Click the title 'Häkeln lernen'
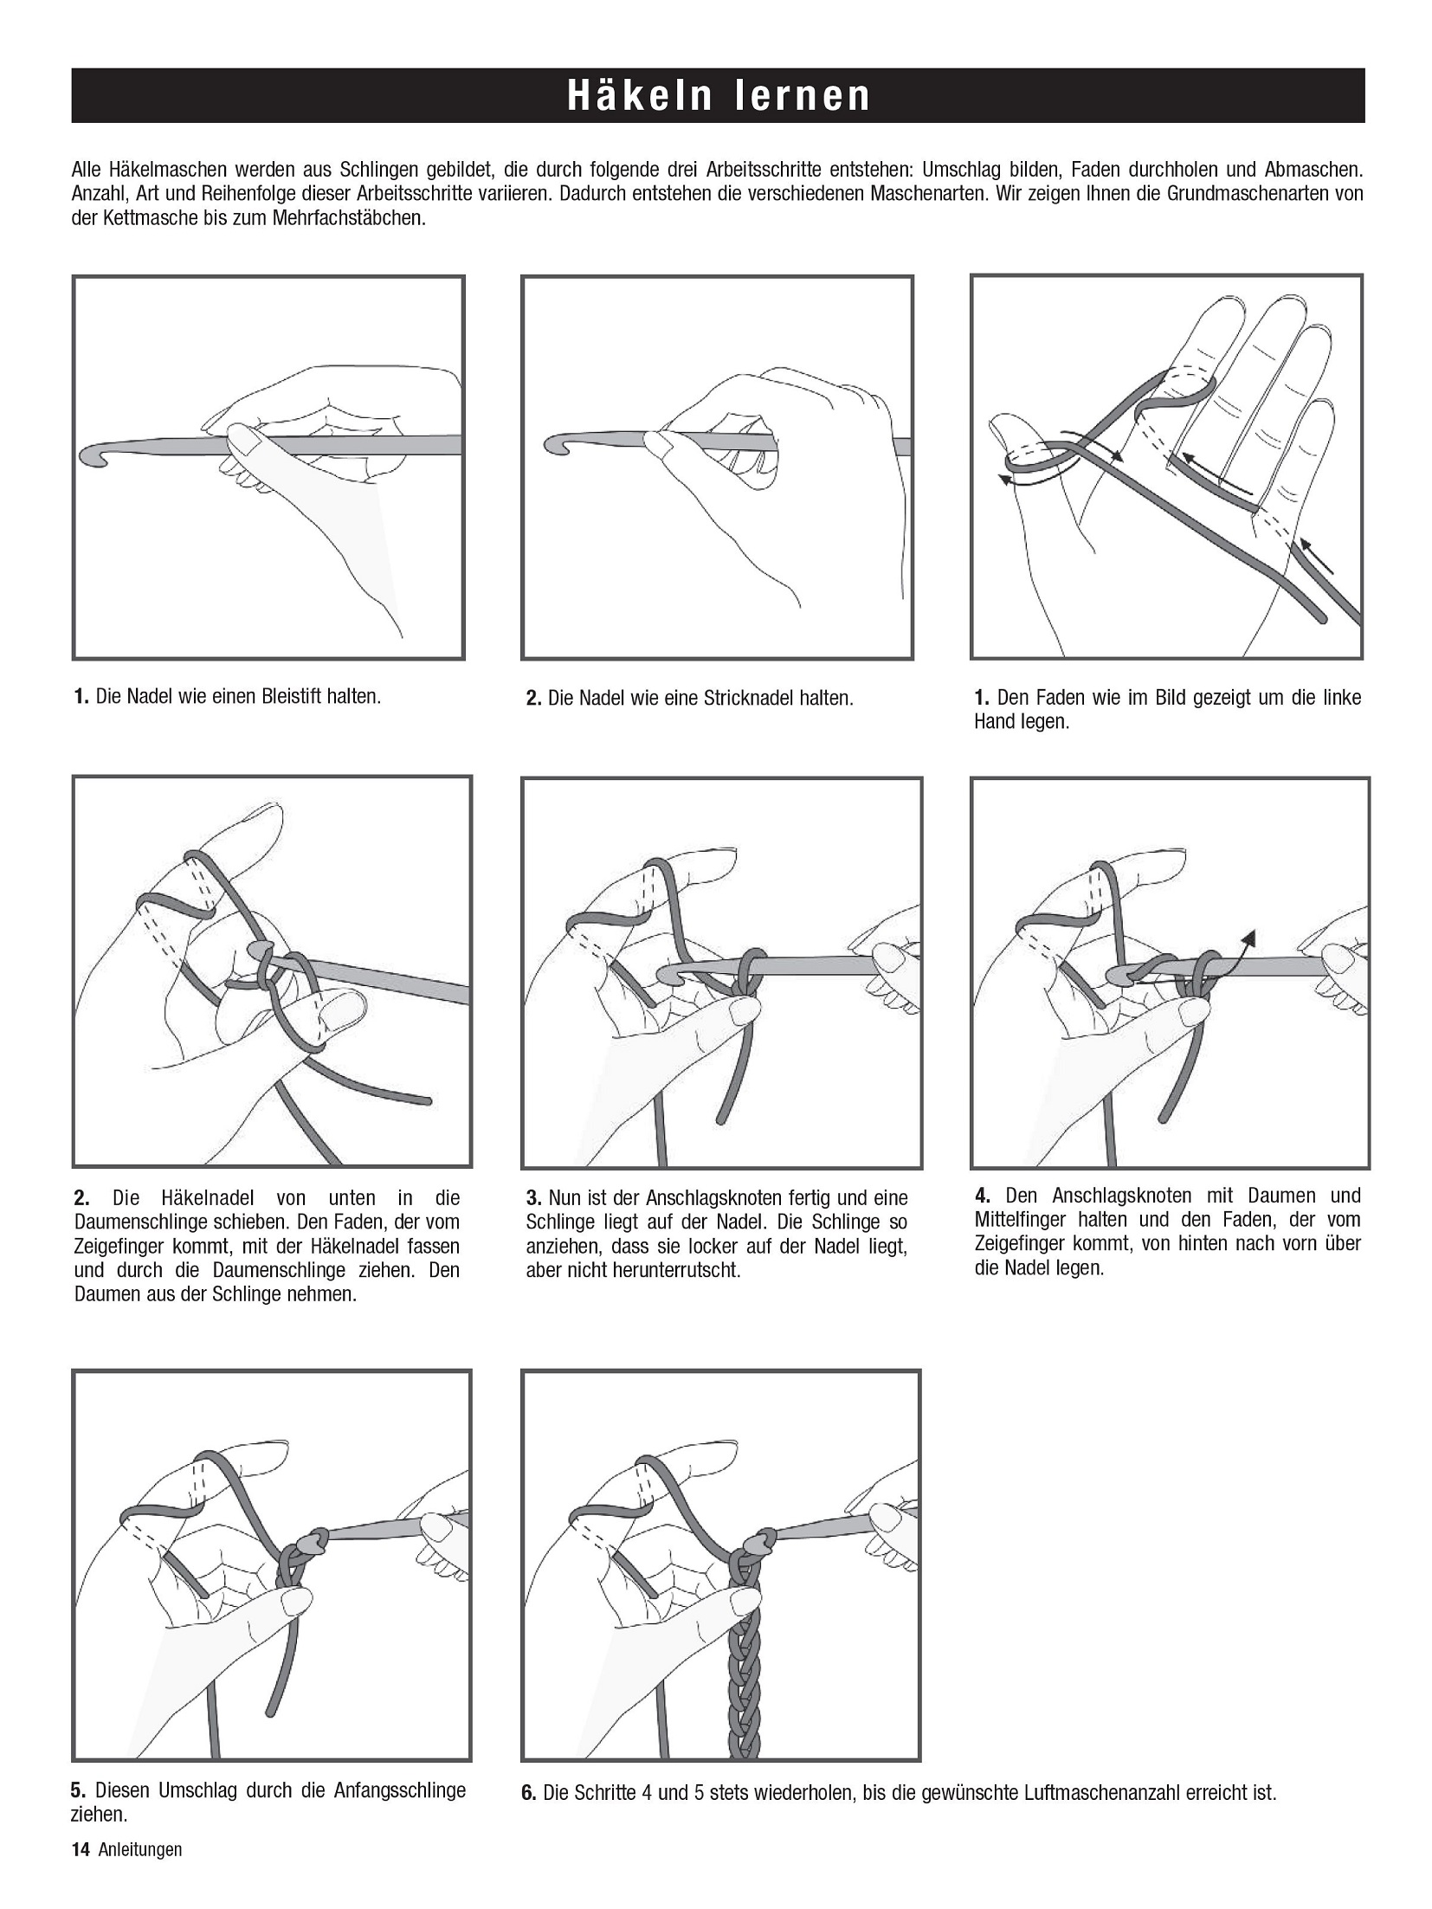718,95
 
